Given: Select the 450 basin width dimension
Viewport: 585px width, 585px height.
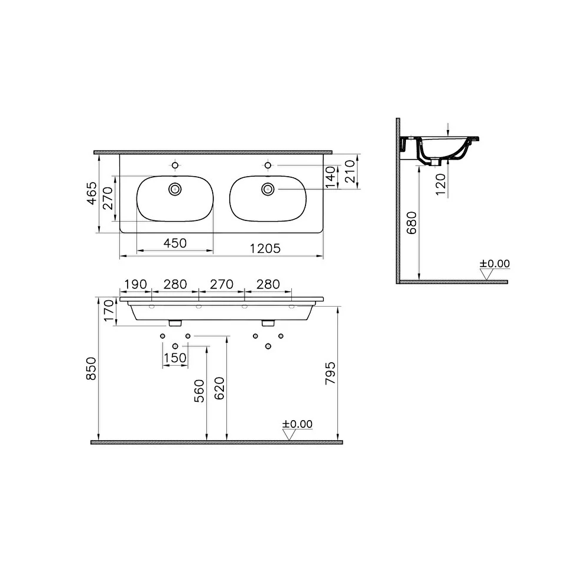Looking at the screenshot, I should tap(175, 243).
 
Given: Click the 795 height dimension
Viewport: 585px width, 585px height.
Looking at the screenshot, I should tap(331, 373).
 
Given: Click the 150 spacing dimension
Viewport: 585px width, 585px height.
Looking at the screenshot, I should tap(175, 357).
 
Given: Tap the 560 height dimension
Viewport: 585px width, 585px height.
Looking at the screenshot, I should tap(199, 392).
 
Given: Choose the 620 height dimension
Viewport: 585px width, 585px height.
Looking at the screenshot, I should tap(220, 388).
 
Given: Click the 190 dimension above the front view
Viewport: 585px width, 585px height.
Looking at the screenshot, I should tap(135, 284).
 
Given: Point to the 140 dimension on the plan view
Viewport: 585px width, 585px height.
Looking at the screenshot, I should tap(330, 175).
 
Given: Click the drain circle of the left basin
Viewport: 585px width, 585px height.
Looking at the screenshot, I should tap(175, 189).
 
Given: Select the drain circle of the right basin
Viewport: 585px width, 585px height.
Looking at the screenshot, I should tap(268, 189).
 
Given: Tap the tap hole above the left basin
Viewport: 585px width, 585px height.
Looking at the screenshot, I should tap(175, 164).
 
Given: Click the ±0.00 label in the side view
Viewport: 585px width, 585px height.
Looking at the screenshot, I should tap(495, 264).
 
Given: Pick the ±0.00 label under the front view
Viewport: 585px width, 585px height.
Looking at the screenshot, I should tap(297, 424).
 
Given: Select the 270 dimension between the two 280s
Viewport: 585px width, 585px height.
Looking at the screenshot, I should tap(222, 284).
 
